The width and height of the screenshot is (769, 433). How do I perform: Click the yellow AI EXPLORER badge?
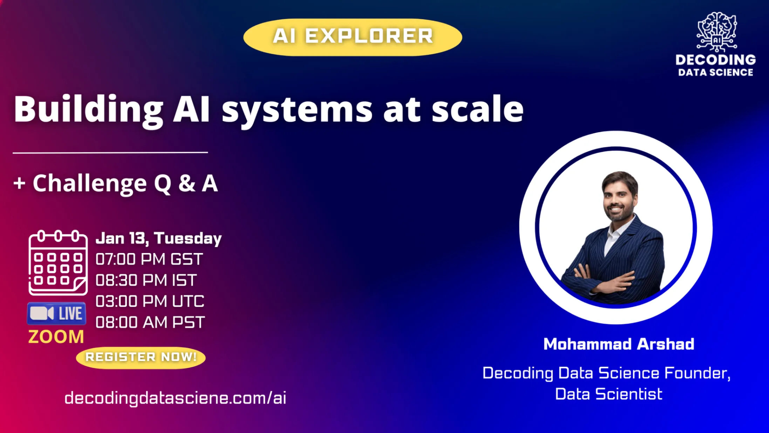[353, 37]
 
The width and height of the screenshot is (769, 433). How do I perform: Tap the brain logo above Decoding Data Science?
[716, 32]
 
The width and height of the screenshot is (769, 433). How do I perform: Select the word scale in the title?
[478, 109]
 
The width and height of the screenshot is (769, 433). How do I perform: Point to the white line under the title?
[110, 153]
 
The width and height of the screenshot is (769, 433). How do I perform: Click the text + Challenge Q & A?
[116, 184]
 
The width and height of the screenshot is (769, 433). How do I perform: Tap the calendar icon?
[58, 262]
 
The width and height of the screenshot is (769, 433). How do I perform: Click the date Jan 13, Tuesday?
[159, 239]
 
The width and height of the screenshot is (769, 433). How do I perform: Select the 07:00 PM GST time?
[149, 259]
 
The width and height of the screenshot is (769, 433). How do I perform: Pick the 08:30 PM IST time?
[146, 280]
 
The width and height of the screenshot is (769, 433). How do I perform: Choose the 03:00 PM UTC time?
[150, 301]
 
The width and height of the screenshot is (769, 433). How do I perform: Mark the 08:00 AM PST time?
[150, 322]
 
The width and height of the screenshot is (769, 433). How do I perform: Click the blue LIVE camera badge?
[56, 313]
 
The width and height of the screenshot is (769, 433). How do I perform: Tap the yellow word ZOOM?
[56, 337]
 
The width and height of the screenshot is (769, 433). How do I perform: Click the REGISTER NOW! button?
[141, 358]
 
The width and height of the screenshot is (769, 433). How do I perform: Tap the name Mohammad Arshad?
[619, 344]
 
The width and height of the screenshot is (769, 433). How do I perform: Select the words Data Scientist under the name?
[609, 394]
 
